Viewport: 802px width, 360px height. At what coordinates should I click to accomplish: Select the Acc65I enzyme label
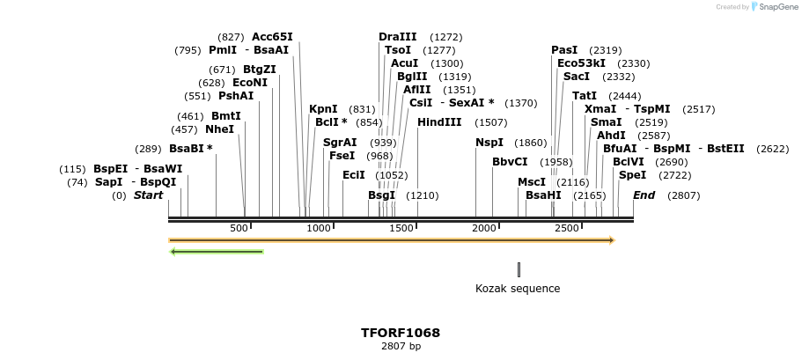click(x=272, y=37)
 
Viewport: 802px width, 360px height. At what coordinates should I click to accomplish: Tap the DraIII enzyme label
click(x=397, y=37)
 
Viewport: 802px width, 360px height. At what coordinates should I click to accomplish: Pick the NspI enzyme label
click(x=489, y=143)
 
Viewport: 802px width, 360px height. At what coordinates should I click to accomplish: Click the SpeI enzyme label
click(x=632, y=175)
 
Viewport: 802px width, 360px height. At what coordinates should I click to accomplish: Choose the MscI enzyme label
click(x=532, y=182)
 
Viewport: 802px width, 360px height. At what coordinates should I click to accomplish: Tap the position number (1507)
click(x=490, y=122)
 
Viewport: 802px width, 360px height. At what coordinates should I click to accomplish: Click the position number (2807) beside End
click(x=683, y=195)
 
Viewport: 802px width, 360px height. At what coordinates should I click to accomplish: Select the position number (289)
click(x=148, y=149)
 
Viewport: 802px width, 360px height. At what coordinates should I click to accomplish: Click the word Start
click(x=148, y=195)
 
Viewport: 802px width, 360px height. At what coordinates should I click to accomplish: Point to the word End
click(x=644, y=195)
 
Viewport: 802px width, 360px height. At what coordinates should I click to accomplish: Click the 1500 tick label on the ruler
click(x=401, y=229)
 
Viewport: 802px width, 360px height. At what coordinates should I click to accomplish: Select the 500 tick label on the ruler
click(x=239, y=229)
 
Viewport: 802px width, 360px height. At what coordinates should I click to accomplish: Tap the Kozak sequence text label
click(x=518, y=289)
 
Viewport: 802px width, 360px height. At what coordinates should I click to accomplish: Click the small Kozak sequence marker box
click(x=519, y=269)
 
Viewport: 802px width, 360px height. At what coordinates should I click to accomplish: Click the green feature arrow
click(x=217, y=252)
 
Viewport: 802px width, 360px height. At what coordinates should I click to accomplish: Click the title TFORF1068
click(x=401, y=333)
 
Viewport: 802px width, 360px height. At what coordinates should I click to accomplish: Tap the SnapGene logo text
click(x=776, y=7)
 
